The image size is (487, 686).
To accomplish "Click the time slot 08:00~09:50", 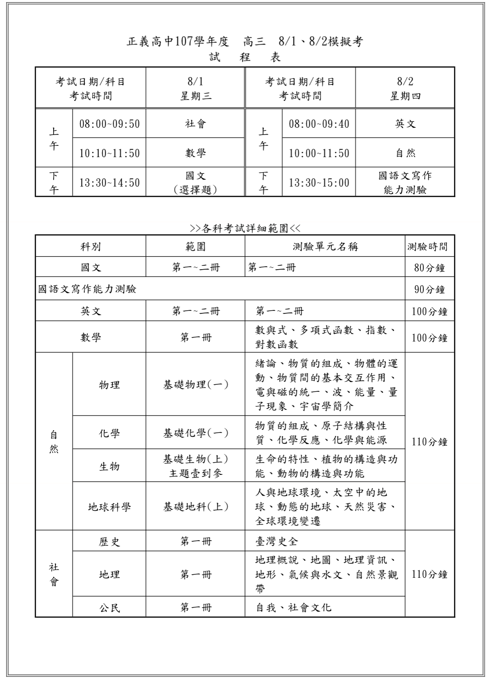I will tap(109, 124).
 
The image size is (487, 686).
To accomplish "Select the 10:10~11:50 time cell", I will tap(109, 153).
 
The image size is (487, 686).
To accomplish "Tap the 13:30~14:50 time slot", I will tap(109, 182).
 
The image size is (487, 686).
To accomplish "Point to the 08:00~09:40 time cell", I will tap(319, 124).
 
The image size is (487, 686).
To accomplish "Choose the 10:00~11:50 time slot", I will tap(319, 153).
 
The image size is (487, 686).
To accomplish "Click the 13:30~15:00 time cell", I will tap(319, 182).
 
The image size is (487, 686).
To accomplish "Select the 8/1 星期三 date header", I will tap(195, 88).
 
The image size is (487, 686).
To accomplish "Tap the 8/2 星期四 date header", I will tap(405, 88).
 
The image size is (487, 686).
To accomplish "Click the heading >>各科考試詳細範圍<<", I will tap(245, 228).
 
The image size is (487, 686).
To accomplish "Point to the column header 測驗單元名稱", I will tap(325, 247).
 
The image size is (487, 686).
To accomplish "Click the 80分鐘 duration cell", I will tap(429, 267).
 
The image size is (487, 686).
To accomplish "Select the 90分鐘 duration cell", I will tap(429, 289).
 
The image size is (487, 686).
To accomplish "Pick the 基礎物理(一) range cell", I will tap(195, 384).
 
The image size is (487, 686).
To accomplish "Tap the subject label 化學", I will tap(109, 433).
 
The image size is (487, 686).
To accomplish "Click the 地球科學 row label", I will tap(109, 507).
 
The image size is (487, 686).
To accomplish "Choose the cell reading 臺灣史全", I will tap(277, 541).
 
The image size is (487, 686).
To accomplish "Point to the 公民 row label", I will tap(109, 608).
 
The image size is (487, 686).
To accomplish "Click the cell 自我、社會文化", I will tap(293, 608).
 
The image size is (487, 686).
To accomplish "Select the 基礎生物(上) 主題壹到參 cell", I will tap(195, 466).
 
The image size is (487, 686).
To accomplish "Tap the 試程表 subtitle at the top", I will tap(245, 57).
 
